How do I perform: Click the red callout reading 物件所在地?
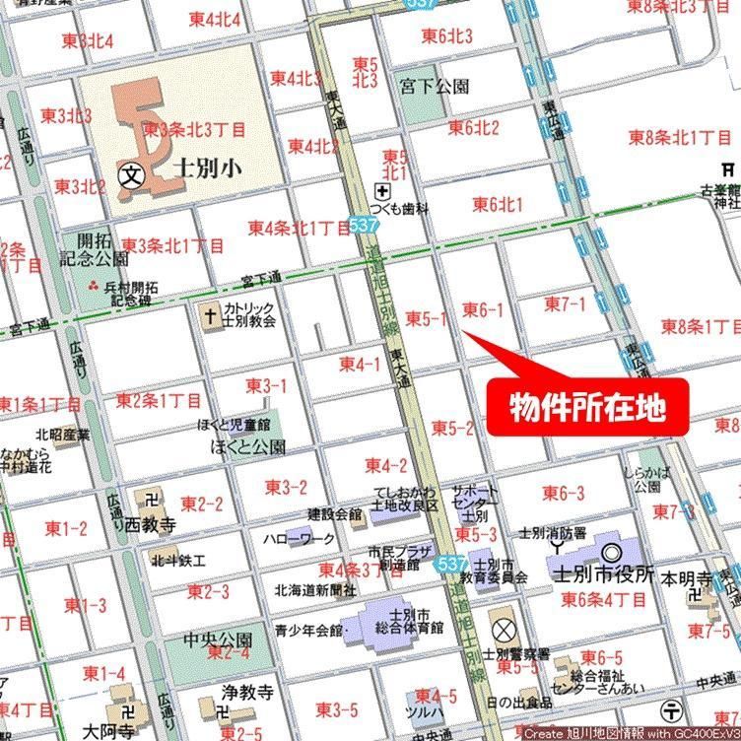[x=586, y=405]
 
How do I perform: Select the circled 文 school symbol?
[x=130, y=175]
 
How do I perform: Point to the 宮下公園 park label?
[x=435, y=87]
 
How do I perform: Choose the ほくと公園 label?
[x=248, y=446]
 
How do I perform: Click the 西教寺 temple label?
[x=151, y=526]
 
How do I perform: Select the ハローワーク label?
[x=299, y=540]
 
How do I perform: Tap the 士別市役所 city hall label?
[x=604, y=574]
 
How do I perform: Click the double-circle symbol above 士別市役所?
[x=610, y=554]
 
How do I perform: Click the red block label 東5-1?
[x=427, y=318]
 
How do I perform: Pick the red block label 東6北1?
[x=498, y=205]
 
